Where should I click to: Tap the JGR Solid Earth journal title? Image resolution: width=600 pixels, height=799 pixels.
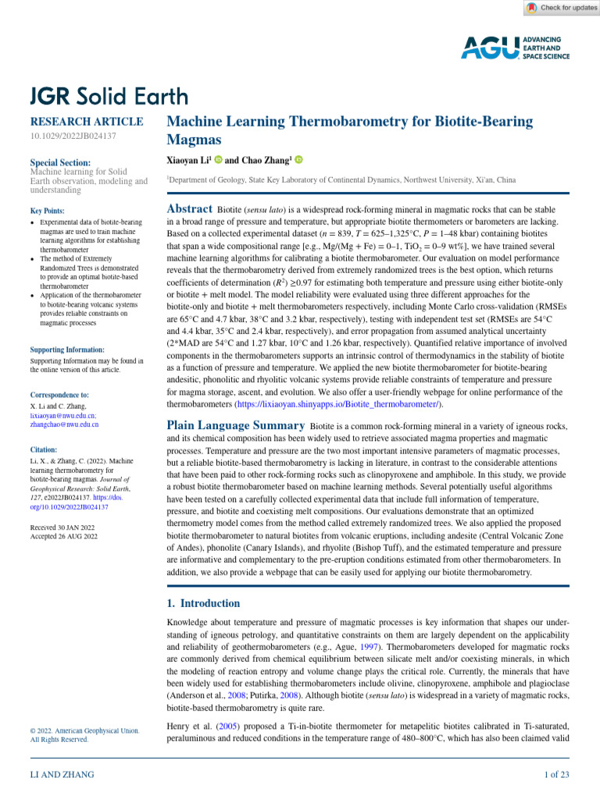pyautogui.click(x=109, y=96)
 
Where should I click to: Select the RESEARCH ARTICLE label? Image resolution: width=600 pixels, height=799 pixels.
pyautogui.click(x=86, y=122)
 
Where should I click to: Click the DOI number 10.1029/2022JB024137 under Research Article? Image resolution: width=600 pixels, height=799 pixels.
pyautogui.click(x=73, y=136)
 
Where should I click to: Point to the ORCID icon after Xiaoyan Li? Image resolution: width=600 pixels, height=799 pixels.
pyautogui.click(x=218, y=159)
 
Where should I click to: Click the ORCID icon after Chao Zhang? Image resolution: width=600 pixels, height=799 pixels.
pyautogui.click(x=298, y=159)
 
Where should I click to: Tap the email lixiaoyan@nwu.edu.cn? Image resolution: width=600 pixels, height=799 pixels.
pyautogui.click(x=63, y=417)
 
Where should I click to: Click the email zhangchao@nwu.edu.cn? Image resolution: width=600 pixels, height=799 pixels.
pyautogui.click(x=64, y=425)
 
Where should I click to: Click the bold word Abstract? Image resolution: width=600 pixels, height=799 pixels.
pyautogui.click(x=190, y=209)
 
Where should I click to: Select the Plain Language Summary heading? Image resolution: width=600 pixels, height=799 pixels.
pyautogui.click(x=236, y=425)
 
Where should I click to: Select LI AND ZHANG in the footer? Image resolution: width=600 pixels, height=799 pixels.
pyautogui.click(x=62, y=774)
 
